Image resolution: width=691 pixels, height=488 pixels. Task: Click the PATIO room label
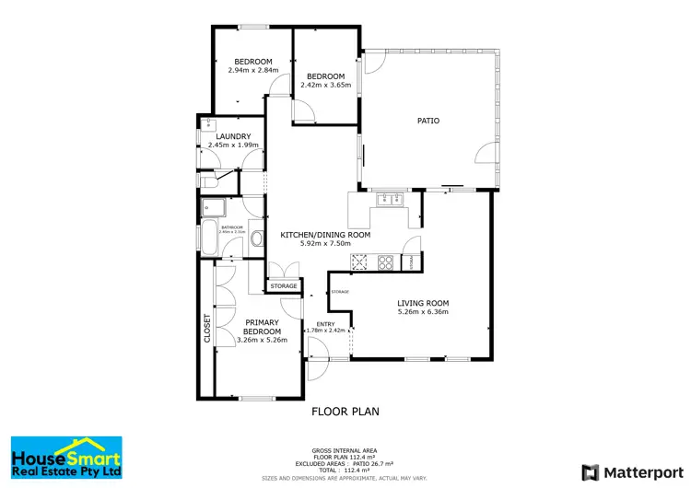tap(427, 121)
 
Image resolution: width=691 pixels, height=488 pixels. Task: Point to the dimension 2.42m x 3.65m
tap(325, 85)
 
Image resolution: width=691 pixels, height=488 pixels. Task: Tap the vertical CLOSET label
tap(207, 329)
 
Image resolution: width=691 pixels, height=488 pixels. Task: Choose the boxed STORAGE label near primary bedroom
tap(284, 286)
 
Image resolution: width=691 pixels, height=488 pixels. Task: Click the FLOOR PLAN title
tap(345, 412)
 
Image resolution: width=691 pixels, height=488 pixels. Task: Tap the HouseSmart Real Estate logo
tap(65, 458)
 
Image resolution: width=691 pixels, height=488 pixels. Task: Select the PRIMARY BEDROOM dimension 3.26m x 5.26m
tap(262, 340)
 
